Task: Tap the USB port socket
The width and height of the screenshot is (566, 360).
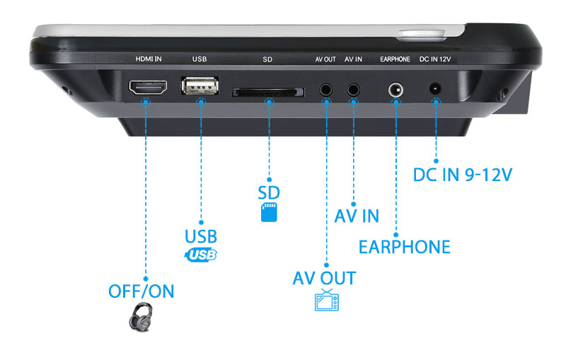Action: click(x=201, y=87)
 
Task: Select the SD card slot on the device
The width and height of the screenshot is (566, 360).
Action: click(x=268, y=92)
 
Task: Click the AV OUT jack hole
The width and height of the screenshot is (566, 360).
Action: click(x=326, y=90)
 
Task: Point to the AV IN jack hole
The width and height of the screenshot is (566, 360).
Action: click(x=353, y=90)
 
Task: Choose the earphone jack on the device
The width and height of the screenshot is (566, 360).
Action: click(x=397, y=90)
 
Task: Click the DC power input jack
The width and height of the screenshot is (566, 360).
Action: click(x=436, y=90)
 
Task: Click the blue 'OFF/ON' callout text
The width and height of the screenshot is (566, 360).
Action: click(x=141, y=291)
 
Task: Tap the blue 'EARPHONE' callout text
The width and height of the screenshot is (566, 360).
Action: click(x=404, y=247)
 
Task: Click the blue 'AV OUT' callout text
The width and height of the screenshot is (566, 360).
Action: click(x=324, y=278)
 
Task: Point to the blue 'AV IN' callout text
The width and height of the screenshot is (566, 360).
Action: click(x=357, y=215)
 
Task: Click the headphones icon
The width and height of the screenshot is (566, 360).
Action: click(x=141, y=316)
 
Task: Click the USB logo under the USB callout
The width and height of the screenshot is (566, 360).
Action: click(x=201, y=255)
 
